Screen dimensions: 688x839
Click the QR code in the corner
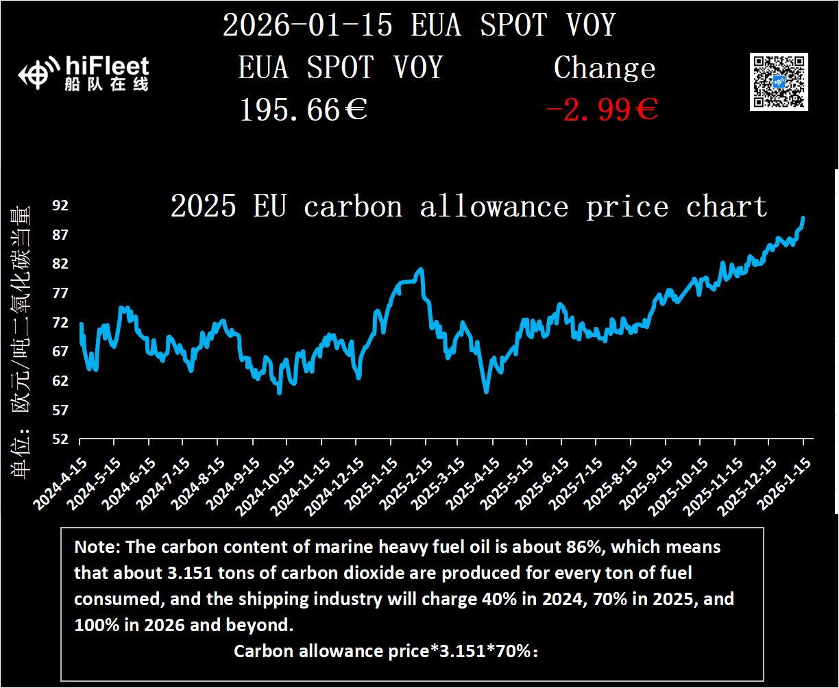[779, 81]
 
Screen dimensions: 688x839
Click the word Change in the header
[605, 69]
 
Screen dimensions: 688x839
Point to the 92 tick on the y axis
[60, 206]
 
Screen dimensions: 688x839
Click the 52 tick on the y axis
[60, 439]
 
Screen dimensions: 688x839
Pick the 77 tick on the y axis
[60, 293]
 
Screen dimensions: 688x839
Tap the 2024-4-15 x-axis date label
[58, 483]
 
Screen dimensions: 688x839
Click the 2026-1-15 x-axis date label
[781, 483]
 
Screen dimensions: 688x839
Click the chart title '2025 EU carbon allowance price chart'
[468, 206]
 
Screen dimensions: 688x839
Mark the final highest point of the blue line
[803, 218]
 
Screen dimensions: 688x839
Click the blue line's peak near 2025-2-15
[421, 269]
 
